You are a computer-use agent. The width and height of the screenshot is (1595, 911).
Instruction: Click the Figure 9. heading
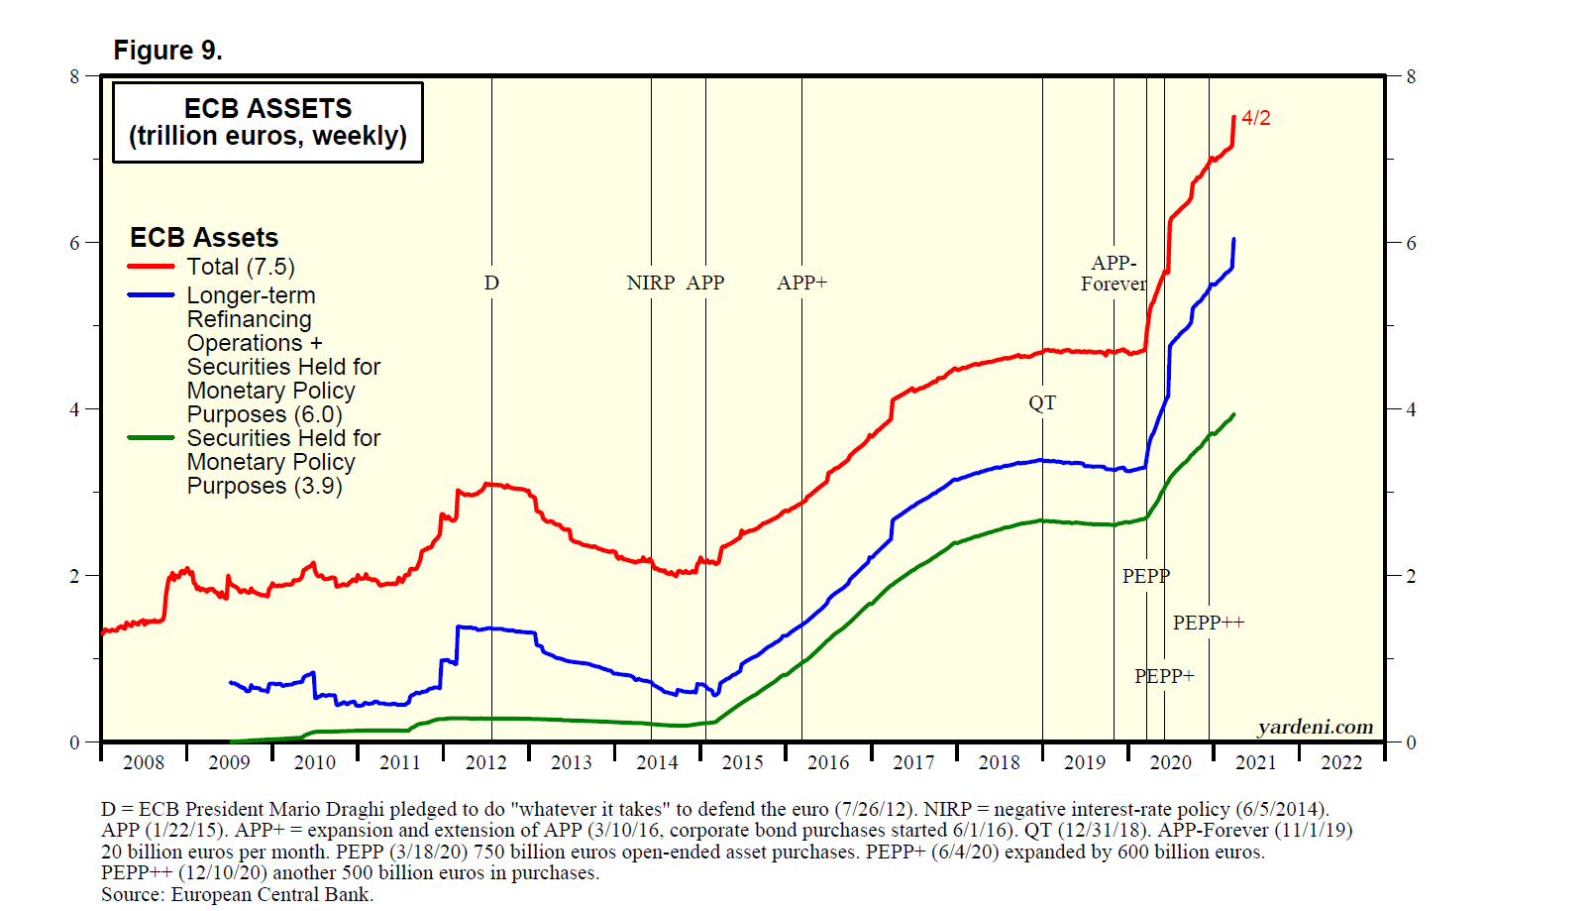coord(167,51)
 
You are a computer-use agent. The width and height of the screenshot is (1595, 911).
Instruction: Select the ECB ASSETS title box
coord(267,122)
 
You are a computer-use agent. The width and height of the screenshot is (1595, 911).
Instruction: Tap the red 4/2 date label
coord(1255,118)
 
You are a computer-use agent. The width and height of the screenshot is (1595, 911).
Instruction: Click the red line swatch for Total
coord(151,267)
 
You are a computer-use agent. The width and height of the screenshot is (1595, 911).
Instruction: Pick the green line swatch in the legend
coord(151,438)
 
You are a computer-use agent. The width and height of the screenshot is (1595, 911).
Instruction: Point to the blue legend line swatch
coord(151,295)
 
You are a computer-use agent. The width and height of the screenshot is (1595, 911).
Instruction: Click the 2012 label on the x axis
coord(485,762)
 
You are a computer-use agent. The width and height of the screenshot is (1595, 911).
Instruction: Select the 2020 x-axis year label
coord(1170,762)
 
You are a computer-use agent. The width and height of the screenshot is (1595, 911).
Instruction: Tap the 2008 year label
coord(144,762)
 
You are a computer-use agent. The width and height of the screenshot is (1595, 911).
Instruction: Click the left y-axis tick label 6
coord(75,243)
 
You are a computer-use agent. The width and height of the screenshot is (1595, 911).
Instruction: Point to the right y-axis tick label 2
coord(1411,576)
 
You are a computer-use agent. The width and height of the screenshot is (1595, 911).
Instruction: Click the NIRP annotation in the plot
coord(651,283)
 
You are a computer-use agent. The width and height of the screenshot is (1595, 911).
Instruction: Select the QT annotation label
coord(1042,402)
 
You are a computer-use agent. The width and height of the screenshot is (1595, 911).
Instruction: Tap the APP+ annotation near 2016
coord(801,283)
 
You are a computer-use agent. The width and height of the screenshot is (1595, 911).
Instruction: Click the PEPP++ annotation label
coord(1208,623)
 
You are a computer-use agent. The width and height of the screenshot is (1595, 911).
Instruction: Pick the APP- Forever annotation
coord(1114,274)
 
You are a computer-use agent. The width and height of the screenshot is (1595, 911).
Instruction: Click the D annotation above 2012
coord(491,283)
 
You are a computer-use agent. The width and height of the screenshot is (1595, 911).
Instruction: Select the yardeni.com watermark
coord(1315,728)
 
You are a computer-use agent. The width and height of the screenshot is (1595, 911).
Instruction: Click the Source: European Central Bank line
coord(237,894)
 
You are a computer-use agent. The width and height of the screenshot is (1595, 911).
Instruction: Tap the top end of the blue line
coord(1233,240)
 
